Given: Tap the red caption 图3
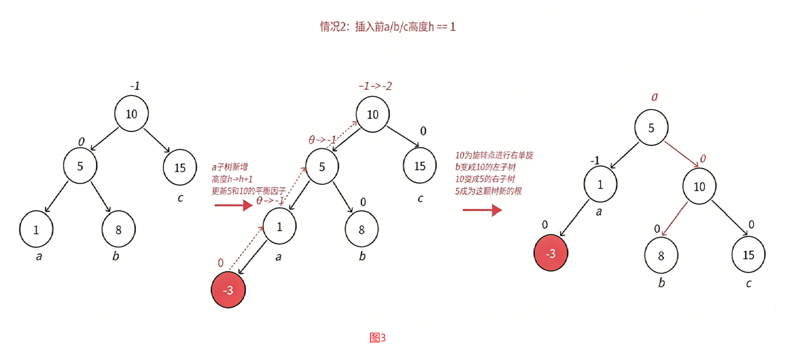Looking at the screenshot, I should (377, 338).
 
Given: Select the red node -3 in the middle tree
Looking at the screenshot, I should (228, 290).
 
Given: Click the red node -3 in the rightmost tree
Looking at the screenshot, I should (551, 253).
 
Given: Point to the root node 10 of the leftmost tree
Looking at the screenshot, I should (131, 114).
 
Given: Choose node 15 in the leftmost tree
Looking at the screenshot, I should (180, 167).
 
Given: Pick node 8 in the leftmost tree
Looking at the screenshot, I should (119, 229).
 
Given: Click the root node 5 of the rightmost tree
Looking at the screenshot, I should (651, 128).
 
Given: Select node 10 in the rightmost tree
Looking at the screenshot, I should (699, 187).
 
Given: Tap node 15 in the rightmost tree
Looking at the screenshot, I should (748, 255).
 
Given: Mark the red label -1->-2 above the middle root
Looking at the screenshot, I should (375, 86).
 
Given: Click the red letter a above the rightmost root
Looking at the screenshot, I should (654, 97).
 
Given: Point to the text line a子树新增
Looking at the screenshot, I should (230, 167).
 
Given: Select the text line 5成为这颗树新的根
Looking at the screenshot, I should (488, 191).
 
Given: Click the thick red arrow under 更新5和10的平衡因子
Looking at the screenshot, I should (233, 205).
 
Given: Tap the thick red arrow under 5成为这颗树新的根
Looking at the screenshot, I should (482, 210).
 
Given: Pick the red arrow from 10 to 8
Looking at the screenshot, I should (675, 219).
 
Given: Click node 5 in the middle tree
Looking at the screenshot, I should (322, 166).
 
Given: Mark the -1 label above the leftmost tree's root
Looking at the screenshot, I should (135, 86).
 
